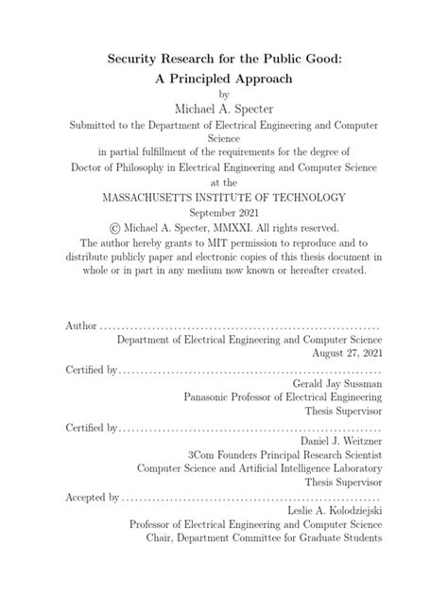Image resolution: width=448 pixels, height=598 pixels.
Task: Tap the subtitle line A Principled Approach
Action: click(223, 79)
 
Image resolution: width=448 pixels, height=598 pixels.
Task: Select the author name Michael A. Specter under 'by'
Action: click(224, 111)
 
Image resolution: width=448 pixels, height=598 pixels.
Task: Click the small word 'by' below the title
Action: click(224, 94)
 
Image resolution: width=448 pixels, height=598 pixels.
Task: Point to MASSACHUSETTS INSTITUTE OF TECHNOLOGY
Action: click(224, 197)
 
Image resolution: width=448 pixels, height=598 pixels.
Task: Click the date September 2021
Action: click(224, 212)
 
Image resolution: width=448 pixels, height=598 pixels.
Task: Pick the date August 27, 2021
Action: click(349, 352)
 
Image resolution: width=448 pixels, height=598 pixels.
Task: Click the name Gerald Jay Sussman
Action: click(336, 383)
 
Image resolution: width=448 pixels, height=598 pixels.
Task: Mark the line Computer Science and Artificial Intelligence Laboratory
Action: click(260, 470)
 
